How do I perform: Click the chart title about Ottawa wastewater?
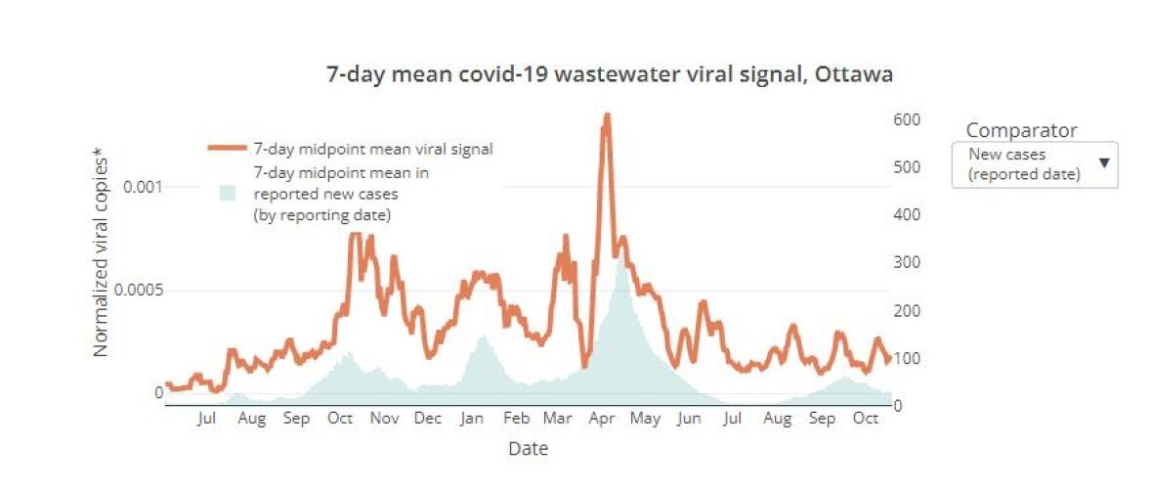click(609, 74)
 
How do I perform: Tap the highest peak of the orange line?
click(607, 116)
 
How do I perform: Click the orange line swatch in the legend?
click(227, 149)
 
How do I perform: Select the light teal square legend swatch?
click(227, 193)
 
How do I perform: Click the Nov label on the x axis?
click(385, 419)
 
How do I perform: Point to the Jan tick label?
click(472, 419)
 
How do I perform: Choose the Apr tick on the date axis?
click(602, 419)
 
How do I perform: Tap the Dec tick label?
click(428, 419)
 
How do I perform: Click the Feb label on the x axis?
click(516, 419)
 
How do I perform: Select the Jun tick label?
click(690, 419)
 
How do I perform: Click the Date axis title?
click(528, 449)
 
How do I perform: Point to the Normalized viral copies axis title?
click(100, 251)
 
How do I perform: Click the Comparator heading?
click(1021, 130)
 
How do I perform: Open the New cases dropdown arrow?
click(1104, 162)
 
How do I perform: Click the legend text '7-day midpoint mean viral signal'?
click(373, 150)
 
